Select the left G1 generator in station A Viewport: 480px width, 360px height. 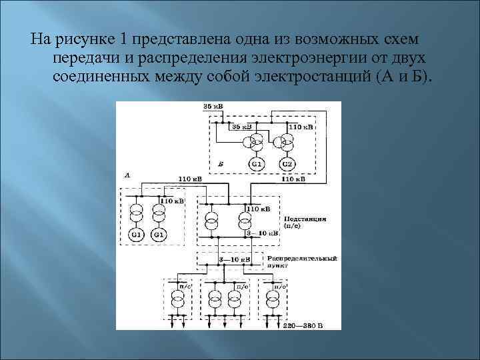(x=137, y=235)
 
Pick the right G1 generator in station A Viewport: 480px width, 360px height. (x=159, y=235)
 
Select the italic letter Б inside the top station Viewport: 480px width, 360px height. (x=221, y=162)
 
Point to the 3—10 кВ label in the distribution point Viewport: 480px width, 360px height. (x=235, y=258)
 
